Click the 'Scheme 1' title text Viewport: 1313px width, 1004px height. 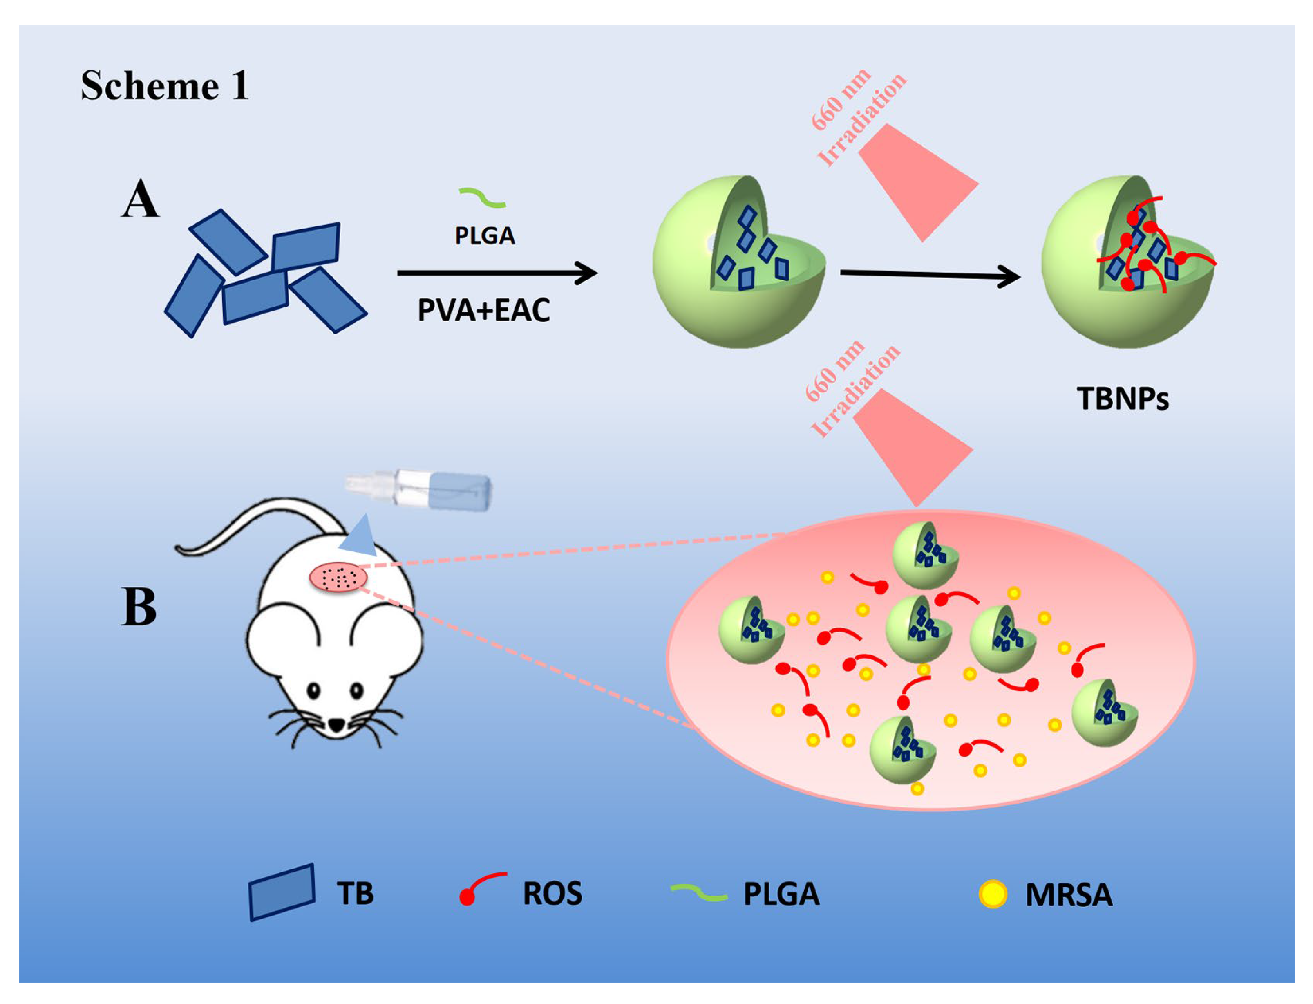[x=165, y=85]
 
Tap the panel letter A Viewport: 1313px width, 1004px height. [x=141, y=199]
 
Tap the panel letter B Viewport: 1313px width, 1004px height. [x=139, y=606]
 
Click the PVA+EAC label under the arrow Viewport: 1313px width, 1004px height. [x=483, y=310]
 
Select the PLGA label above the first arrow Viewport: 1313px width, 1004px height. [x=484, y=235]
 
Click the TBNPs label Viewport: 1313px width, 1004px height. [x=1122, y=399]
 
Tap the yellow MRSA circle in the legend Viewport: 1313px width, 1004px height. [x=993, y=895]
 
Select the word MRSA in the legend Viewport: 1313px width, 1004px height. [x=1069, y=895]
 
